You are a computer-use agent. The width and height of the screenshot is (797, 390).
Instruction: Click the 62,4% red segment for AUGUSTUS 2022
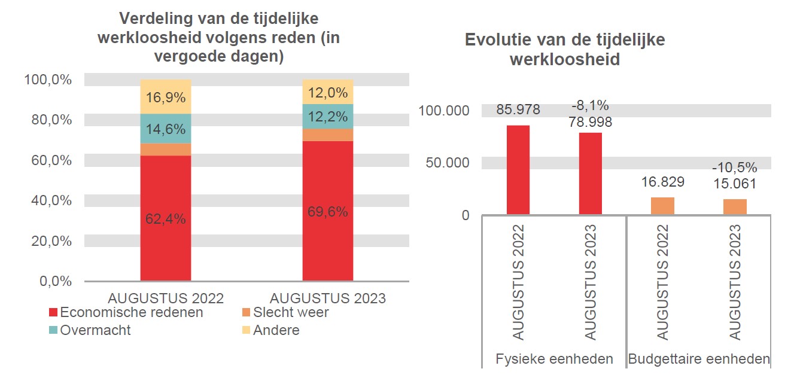(x=166, y=218)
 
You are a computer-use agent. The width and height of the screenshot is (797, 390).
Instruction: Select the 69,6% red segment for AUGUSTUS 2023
(x=327, y=211)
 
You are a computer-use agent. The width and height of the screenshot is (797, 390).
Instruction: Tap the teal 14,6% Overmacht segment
(x=166, y=129)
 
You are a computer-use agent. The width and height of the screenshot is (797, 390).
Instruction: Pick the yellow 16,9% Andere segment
(x=166, y=97)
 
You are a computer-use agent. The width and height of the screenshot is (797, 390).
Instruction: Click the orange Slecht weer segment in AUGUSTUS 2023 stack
(x=327, y=135)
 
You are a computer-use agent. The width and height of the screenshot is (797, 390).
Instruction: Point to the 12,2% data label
(x=327, y=117)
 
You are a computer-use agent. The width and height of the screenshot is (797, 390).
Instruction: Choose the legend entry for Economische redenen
(x=126, y=312)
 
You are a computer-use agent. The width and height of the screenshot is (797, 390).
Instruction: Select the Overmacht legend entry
(x=90, y=330)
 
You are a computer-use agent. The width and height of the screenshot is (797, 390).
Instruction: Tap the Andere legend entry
(x=270, y=330)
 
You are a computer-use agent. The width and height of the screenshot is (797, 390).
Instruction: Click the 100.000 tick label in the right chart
(x=444, y=111)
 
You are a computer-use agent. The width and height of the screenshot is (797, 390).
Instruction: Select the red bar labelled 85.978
(x=518, y=170)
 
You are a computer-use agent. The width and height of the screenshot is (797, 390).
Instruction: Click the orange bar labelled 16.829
(x=662, y=206)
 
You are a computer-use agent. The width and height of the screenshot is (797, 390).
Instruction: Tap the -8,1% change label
(x=590, y=106)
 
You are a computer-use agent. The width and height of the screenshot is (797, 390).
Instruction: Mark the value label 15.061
(x=734, y=184)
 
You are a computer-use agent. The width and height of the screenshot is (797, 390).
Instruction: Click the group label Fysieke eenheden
(x=554, y=359)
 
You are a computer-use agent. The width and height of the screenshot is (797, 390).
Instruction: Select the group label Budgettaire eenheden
(x=698, y=359)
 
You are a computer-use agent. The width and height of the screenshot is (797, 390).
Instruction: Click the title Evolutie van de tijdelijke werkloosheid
(x=564, y=50)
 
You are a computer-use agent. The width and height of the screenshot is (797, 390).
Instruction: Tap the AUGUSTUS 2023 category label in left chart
(x=327, y=298)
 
